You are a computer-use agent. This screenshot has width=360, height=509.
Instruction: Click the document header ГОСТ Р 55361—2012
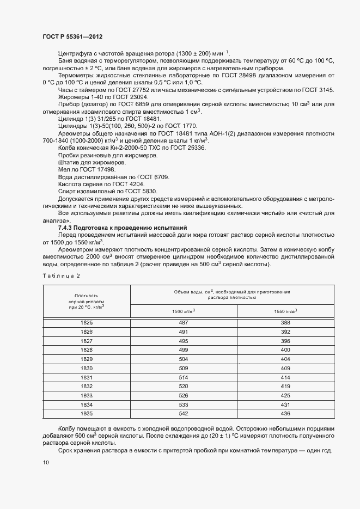pos(72,36)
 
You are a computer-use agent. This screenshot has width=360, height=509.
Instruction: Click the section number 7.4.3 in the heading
pos(67,227)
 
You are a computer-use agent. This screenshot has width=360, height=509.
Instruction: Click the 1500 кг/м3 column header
pos(184,310)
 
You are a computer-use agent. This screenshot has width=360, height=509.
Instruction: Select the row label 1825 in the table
pos(87,323)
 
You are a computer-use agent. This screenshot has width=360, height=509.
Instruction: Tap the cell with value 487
pos(184,323)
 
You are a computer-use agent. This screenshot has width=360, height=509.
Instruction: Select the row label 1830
pos(87,367)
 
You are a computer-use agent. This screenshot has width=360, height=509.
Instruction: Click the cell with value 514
pos(184,377)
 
